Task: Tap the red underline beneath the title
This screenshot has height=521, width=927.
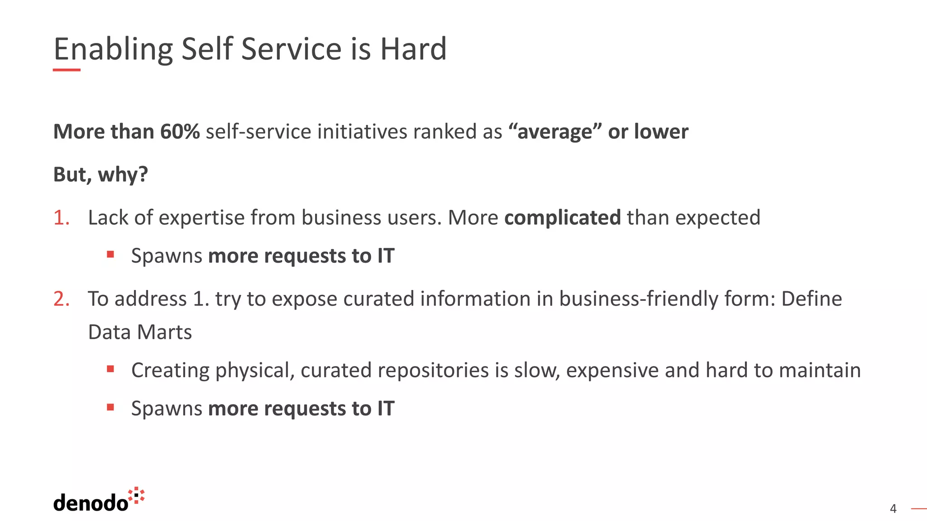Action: (x=67, y=70)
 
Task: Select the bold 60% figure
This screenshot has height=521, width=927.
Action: (x=180, y=132)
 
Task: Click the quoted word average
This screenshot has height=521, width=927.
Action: (x=555, y=132)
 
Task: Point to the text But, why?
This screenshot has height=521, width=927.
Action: (x=100, y=175)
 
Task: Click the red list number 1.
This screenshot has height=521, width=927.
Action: (x=61, y=218)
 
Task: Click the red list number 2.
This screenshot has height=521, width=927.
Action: (x=61, y=299)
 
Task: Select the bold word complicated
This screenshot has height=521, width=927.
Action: (x=562, y=218)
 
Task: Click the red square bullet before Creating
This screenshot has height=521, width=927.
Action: (x=110, y=369)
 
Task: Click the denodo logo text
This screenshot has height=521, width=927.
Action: (x=91, y=503)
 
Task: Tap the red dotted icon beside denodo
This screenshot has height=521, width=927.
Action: (x=136, y=495)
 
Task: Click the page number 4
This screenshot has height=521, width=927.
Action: (x=893, y=509)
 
